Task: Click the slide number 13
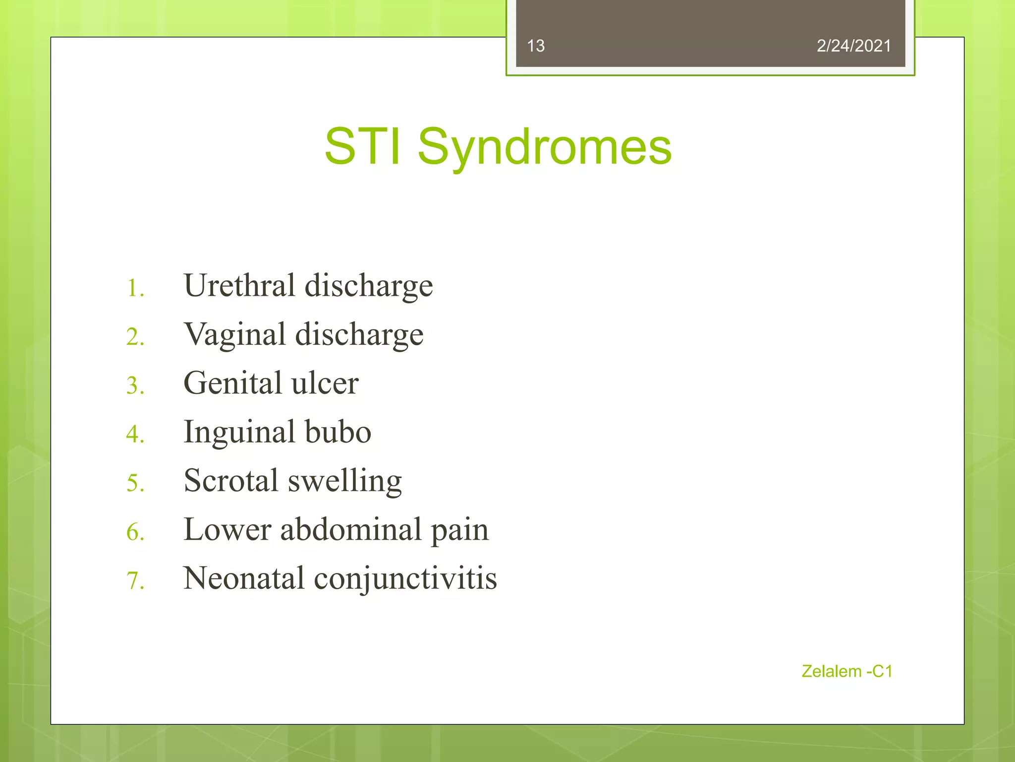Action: click(x=536, y=46)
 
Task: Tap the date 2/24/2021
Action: click(x=853, y=46)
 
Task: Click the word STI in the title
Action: click(x=362, y=146)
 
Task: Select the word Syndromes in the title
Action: click(x=544, y=147)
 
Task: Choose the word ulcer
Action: click(x=325, y=383)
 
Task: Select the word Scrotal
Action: click(x=231, y=480)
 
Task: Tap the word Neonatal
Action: click(x=243, y=578)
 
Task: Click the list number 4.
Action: click(x=134, y=434)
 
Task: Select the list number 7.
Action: click(x=134, y=580)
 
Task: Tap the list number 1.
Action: click(x=134, y=288)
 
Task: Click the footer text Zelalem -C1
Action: click(x=846, y=671)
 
